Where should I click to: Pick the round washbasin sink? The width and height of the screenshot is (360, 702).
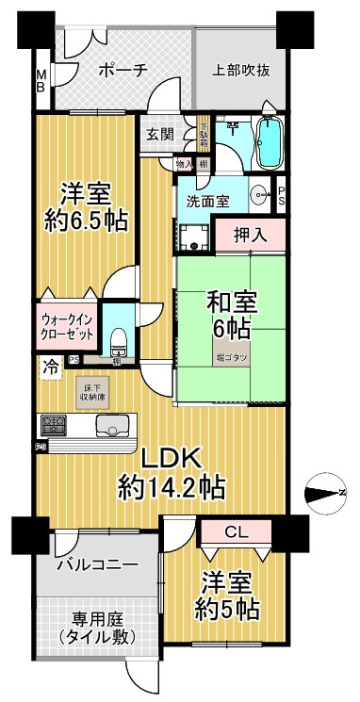tap(260, 194)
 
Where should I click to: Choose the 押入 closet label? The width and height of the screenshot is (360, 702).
tap(249, 236)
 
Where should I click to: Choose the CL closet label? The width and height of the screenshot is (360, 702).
tap(237, 532)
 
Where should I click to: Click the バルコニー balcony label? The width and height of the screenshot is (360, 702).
tap(96, 565)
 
